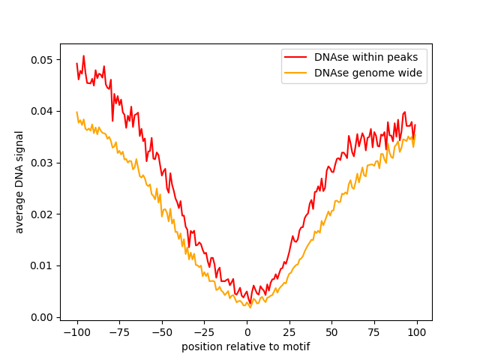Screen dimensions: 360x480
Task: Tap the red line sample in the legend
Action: [x=297, y=57]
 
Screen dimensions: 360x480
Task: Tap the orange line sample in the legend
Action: [x=297, y=73]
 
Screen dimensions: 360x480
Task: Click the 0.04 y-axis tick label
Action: [x=41, y=111]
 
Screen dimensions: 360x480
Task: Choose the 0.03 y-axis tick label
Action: [x=41, y=163]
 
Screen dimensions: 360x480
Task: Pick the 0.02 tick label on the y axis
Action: [x=41, y=214]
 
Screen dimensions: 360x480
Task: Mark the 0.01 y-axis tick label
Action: [x=41, y=265]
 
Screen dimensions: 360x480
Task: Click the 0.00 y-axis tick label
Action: [x=41, y=317]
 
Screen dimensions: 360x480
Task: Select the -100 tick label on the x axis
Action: [x=76, y=332]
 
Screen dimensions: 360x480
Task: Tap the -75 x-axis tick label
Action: [x=119, y=332]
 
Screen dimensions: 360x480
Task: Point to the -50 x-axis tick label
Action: [x=162, y=332]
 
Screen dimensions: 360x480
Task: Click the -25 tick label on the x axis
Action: [x=204, y=332]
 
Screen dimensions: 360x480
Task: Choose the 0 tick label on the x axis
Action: [x=247, y=332]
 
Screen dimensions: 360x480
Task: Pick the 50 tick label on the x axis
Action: [x=332, y=332]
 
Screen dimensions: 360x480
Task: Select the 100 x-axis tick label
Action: [x=417, y=332]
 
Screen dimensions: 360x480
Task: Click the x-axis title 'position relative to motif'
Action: [x=246, y=346]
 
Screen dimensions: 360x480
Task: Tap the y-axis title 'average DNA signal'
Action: [x=19, y=182]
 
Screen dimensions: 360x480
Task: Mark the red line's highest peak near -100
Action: [x=83, y=55]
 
